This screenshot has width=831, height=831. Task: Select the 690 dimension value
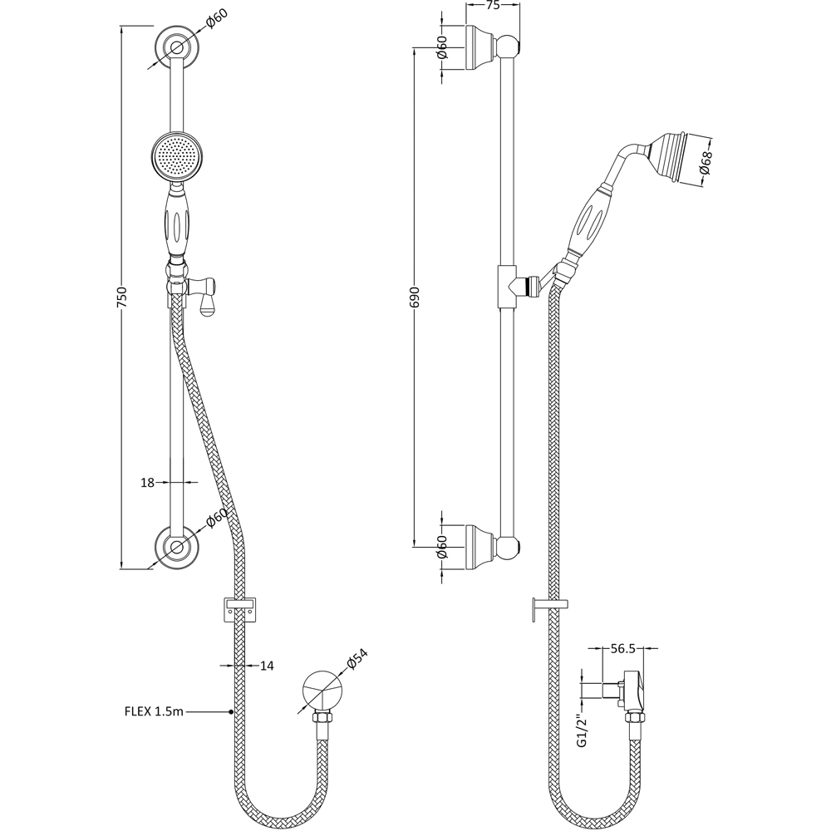(415, 297)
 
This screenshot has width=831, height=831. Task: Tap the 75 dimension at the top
(493, 6)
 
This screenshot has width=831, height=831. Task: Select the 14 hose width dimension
(268, 666)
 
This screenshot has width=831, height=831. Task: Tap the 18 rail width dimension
(147, 483)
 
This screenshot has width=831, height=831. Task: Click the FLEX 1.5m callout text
(154, 712)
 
